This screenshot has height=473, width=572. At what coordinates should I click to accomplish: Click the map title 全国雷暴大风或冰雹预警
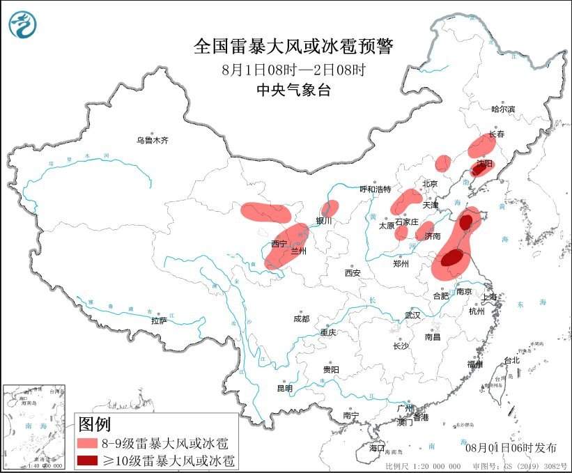click(x=293, y=47)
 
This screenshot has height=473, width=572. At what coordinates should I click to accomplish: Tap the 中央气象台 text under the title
click(x=293, y=89)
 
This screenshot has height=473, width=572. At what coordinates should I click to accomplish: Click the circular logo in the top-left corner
click(x=23, y=24)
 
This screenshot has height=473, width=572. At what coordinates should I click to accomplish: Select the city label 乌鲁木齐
click(x=153, y=140)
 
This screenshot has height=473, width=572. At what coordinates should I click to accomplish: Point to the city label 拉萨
click(x=159, y=320)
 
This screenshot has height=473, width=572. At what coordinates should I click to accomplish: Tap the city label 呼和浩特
click(x=375, y=189)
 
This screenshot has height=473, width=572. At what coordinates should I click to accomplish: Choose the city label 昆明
click(x=285, y=388)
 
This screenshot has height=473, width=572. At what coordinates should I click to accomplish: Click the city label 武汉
click(x=412, y=315)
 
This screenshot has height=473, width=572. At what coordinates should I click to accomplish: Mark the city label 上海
click(x=490, y=297)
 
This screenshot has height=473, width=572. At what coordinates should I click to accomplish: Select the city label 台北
click(x=511, y=360)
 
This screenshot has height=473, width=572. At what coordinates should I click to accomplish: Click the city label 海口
click(x=377, y=447)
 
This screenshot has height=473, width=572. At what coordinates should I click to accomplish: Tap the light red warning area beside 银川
click(x=330, y=208)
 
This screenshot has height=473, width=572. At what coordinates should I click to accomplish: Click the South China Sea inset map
click(x=35, y=426)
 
